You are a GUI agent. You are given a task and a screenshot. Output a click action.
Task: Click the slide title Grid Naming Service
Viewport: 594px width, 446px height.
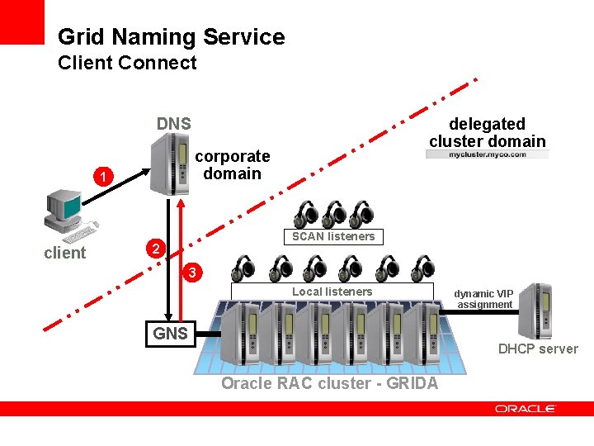(x=171, y=37)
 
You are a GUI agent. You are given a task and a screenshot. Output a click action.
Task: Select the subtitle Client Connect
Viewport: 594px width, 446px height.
(x=127, y=63)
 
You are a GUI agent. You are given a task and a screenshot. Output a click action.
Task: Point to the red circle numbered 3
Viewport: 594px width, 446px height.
(x=191, y=272)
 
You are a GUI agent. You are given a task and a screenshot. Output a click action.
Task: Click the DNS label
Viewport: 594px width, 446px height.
(x=174, y=124)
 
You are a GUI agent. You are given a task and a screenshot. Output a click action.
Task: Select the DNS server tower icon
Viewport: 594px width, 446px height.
(x=169, y=166)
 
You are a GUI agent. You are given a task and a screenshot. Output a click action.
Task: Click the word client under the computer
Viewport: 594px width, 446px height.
(x=64, y=253)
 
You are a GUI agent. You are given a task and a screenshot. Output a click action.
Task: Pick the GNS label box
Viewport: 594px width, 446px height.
(x=170, y=334)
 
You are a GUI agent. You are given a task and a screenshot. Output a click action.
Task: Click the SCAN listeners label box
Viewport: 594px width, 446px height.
(x=332, y=236)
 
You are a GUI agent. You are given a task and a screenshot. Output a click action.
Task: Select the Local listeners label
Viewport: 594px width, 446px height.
(x=332, y=292)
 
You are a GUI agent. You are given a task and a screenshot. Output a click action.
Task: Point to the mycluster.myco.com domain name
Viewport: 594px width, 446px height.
(x=487, y=154)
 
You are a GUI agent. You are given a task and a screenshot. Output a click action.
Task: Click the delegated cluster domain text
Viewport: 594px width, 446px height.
(x=487, y=132)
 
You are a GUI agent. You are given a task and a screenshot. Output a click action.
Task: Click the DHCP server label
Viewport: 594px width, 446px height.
(x=538, y=349)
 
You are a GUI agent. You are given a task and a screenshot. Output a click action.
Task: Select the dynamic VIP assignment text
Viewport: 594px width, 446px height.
(x=485, y=299)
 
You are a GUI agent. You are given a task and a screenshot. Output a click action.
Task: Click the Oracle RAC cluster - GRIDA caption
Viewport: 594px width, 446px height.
(x=330, y=384)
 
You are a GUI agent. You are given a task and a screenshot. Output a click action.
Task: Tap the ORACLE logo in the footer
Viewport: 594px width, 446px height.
(x=526, y=408)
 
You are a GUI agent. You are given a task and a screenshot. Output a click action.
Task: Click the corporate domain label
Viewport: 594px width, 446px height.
(x=232, y=164)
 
